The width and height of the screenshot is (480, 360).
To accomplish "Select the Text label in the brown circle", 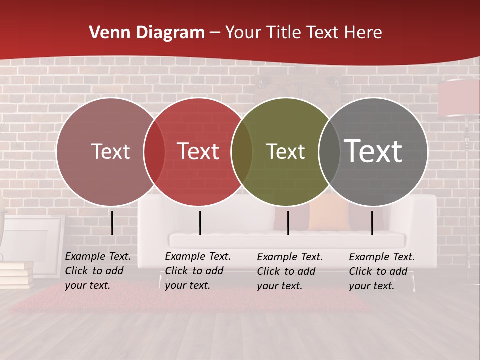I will tap(110, 151).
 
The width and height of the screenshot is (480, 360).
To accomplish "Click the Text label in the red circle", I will tap(198, 151).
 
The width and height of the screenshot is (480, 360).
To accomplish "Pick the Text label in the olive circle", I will tap(285, 151).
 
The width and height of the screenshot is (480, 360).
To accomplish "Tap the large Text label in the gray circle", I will tap(373, 151).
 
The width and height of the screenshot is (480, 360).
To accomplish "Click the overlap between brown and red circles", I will tap(154, 152).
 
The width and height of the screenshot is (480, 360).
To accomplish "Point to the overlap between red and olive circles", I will tap(242, 152).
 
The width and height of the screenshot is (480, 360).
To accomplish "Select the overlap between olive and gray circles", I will tap(328, 152).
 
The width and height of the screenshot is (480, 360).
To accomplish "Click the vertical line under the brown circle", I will tap(112, 223).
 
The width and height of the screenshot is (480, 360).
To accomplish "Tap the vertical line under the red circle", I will tap(200, 223).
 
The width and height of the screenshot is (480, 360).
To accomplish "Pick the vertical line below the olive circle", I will tap(288, 223).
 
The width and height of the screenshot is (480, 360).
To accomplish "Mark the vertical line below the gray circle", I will tap(372, 223).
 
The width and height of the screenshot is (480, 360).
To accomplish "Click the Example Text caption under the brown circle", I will tap(97, 271).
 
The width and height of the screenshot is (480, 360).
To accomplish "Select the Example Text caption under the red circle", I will tap(197, 271).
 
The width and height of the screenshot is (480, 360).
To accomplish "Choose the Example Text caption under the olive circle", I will tap(289, 271).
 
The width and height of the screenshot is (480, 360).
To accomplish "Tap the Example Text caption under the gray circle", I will tap(381, 271).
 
